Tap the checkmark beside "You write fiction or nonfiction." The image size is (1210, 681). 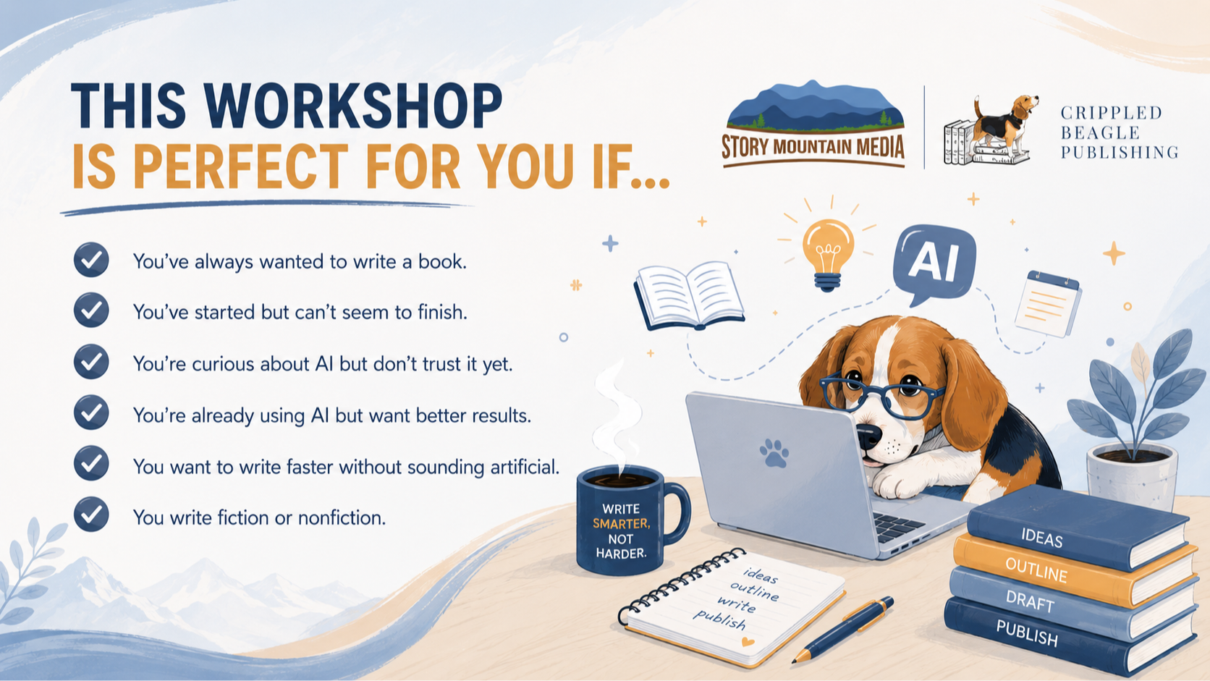coord(91,514)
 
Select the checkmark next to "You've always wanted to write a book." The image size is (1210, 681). coord(91,260)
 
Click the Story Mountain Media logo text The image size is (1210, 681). coord(813,147)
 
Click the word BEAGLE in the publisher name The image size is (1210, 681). coord(1100,133)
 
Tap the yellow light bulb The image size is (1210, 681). coord(828,254)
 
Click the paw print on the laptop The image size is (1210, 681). coord(774,452)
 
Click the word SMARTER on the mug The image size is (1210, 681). coord(621,523)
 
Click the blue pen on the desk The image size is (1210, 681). coord(843,629)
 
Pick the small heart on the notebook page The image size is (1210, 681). coord(748,642)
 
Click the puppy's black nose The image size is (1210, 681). coord(869,435)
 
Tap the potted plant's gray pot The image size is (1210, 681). coord(1132,476)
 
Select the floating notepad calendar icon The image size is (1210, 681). coord(1048,303)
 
